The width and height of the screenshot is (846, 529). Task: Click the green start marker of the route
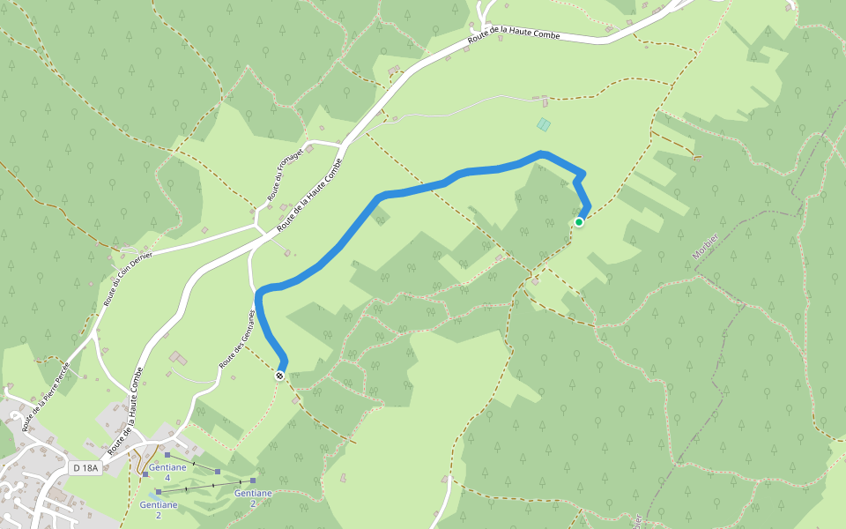[x=579, y=222]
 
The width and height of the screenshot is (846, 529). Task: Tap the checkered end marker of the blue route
[x=279, y=376]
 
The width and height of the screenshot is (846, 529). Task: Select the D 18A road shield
[x=85, y=468]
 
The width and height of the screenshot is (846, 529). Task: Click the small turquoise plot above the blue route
[x=544, y=125]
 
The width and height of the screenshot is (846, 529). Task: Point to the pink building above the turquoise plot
[x=543, y=99]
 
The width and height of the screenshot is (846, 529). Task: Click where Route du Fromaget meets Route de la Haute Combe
[x=341, y=145]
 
